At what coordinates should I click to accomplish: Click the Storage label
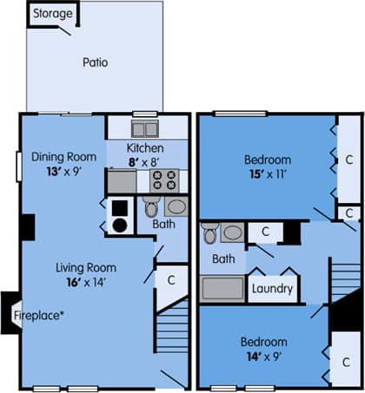coord(53,14)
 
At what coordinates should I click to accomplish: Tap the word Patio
coord(96,62)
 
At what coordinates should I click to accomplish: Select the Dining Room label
coord(62,157)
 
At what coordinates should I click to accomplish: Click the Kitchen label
coord(146,149)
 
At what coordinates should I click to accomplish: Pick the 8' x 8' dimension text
coord(145,161)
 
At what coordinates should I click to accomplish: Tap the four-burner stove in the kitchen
coord(165,181)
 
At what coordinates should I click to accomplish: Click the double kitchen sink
coord(145,129)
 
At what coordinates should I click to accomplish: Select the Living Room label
coord(86,267)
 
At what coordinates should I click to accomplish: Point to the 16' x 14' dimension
coord(85,282)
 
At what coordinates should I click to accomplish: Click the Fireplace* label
coord(39,315)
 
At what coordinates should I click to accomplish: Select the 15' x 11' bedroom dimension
coord(267,174)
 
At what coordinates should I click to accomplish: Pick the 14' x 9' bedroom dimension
coord(262,355)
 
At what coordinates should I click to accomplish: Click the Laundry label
coord(272,289)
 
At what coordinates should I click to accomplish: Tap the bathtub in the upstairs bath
coord(222,287)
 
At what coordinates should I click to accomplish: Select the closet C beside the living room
coord(171,279)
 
